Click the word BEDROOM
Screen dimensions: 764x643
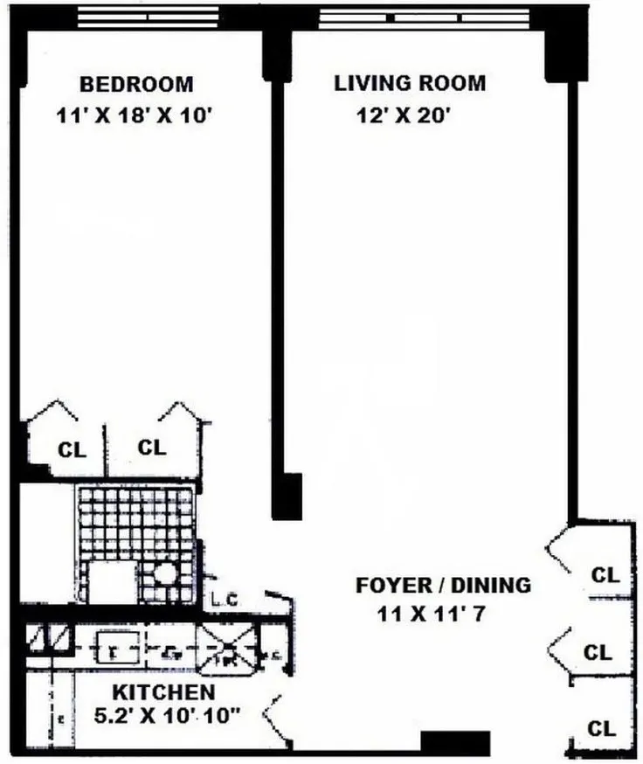coord(136,85)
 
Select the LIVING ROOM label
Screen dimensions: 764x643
coord(410,84)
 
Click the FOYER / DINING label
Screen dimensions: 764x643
coord(443,585)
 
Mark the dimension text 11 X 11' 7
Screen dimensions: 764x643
coord(431,614)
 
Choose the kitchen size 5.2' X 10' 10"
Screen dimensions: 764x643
coord(167,716)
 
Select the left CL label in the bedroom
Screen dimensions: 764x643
coord(72,450)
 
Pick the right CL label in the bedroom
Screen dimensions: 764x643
coord(152,447)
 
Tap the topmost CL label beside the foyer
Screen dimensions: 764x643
coord(605,575)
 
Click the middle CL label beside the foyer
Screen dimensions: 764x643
coord(598,652)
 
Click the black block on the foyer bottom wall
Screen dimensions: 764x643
coord(455,741)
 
